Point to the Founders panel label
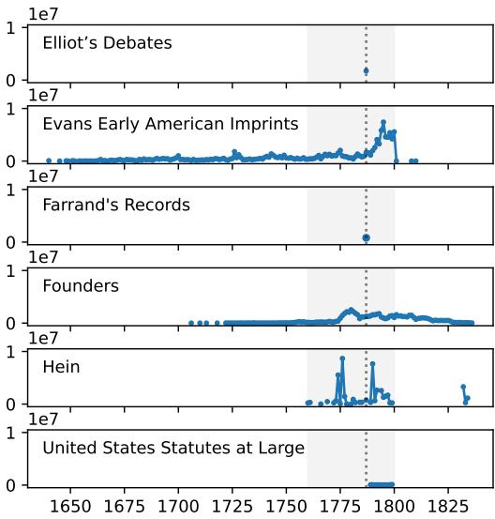pyautogui.click(x=81, y=285)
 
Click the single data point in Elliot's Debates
pyautogui.click(x=366, y=70)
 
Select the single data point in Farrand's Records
pyautogui.click(x=366, y=238)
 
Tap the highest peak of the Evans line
pyautogui.click(x=382, y=123)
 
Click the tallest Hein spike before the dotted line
pyautogui.click(x=342, y=359)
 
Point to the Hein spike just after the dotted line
pyautogui.click(x=372, y=363)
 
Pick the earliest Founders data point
pyautogui.click(x=191, y=323)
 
